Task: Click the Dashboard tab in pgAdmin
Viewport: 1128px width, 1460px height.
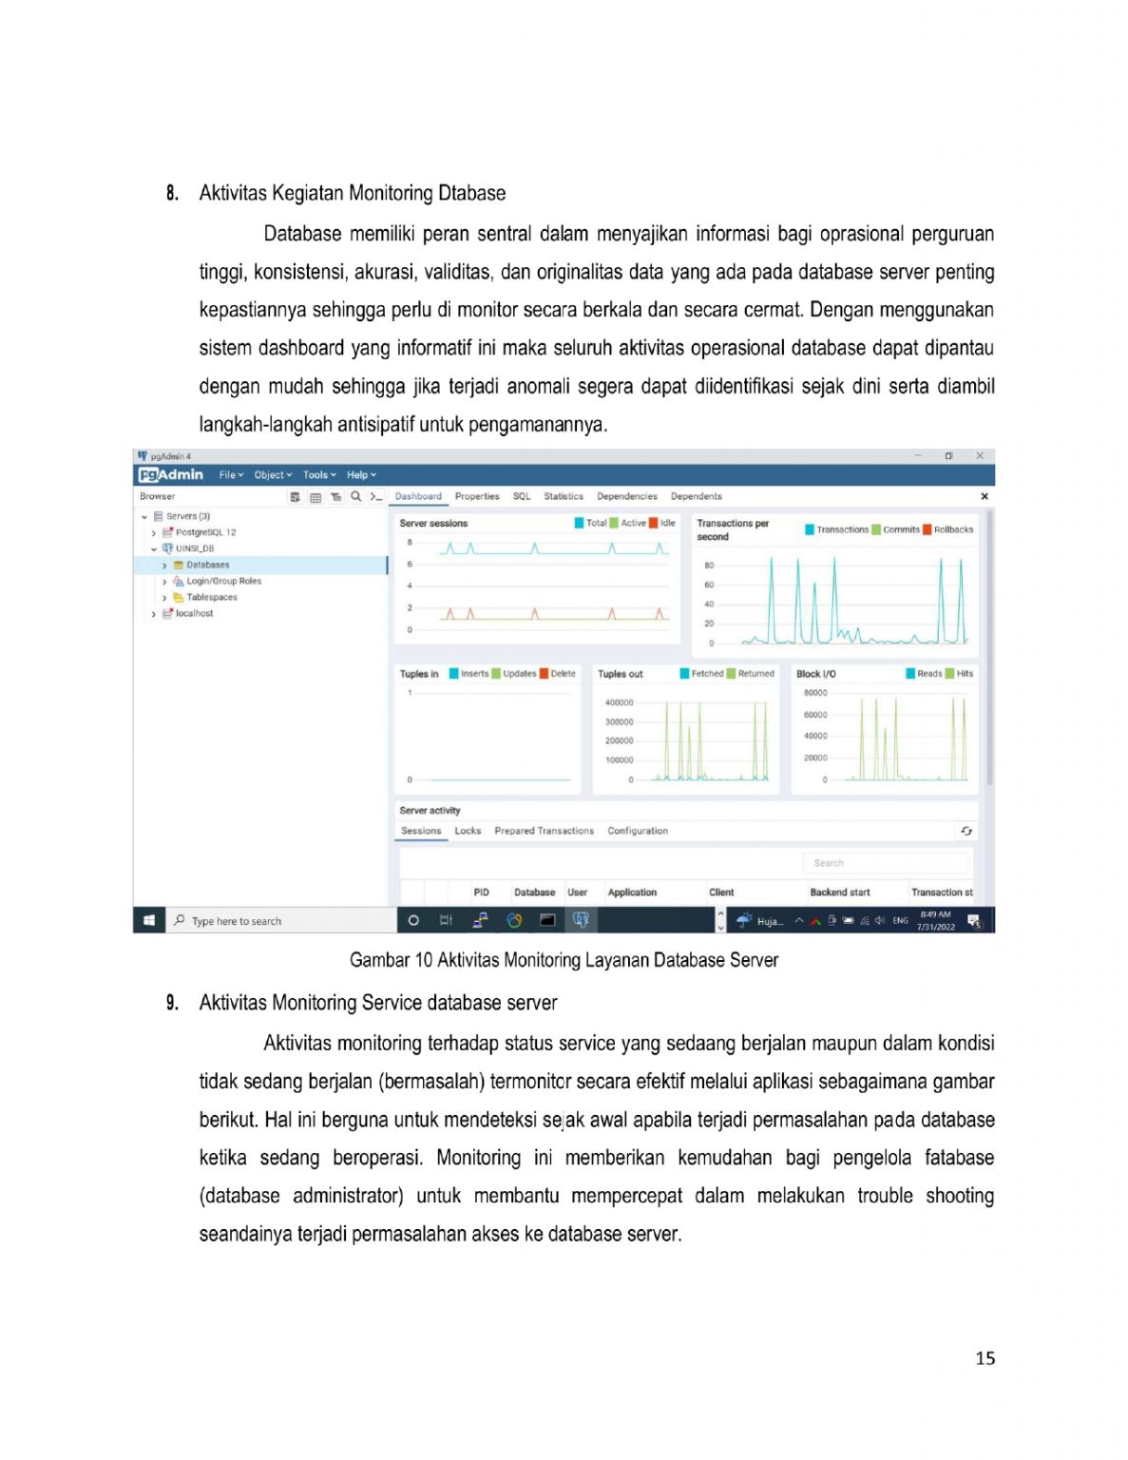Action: pos(418,496)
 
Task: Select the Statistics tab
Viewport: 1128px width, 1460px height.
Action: pos(564,496)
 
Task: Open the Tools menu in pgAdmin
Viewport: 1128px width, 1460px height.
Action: pos(319,474)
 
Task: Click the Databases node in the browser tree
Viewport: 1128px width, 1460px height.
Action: pos(207,565)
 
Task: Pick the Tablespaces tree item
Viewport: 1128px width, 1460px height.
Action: pos(211,597)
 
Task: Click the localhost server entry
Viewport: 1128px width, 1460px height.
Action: pos(194,613)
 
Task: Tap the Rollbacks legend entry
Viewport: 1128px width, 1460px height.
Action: pos(952,529)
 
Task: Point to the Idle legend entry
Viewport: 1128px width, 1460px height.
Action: pos(667,523)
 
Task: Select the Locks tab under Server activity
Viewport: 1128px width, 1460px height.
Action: pos(468,831)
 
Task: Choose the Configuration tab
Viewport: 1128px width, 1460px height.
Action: pos(638,831)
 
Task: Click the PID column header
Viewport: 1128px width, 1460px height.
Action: pos(481,893)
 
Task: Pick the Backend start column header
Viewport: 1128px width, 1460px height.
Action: pos(840,893)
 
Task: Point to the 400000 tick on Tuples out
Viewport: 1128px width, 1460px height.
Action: pos(619,702)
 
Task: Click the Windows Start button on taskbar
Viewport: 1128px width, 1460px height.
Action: pos(149,920)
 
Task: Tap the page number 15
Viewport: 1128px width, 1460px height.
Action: pos(985,1358)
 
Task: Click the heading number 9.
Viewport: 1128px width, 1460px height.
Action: pos(172,1003)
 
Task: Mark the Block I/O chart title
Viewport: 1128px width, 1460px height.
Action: pos(815,674)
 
